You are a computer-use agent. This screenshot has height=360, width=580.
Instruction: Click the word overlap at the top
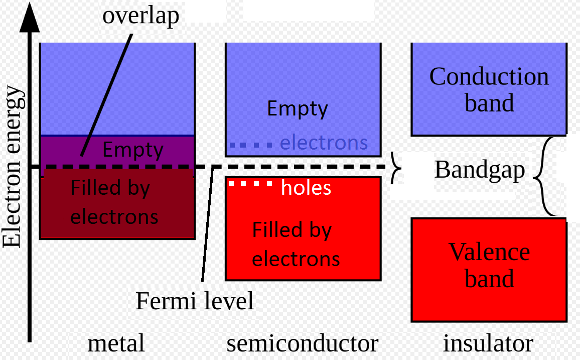tap(140, 16)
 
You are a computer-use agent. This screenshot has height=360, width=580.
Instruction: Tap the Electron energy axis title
tap(13, 167)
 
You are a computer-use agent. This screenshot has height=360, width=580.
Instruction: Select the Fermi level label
tap(195, 301)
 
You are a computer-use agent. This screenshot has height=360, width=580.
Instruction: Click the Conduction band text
tap(489, 89)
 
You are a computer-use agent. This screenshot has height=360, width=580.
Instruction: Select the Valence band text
tap(489, 265)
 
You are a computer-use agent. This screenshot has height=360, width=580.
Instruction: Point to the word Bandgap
tap(479, 170)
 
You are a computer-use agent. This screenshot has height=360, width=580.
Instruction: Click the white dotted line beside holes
tap(250, 183)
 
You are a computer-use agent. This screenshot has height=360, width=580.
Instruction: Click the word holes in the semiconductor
tap(306, 187)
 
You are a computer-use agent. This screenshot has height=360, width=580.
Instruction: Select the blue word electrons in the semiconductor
tap(324, 143)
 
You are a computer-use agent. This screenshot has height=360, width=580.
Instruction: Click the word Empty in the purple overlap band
tap(133, 150)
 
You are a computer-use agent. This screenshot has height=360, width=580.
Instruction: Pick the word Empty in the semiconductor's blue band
tap(297, 109)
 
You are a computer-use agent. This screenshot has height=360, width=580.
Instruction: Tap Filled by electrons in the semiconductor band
tap(296, 245)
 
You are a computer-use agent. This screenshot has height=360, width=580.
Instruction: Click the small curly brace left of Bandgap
tap(396, 167)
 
